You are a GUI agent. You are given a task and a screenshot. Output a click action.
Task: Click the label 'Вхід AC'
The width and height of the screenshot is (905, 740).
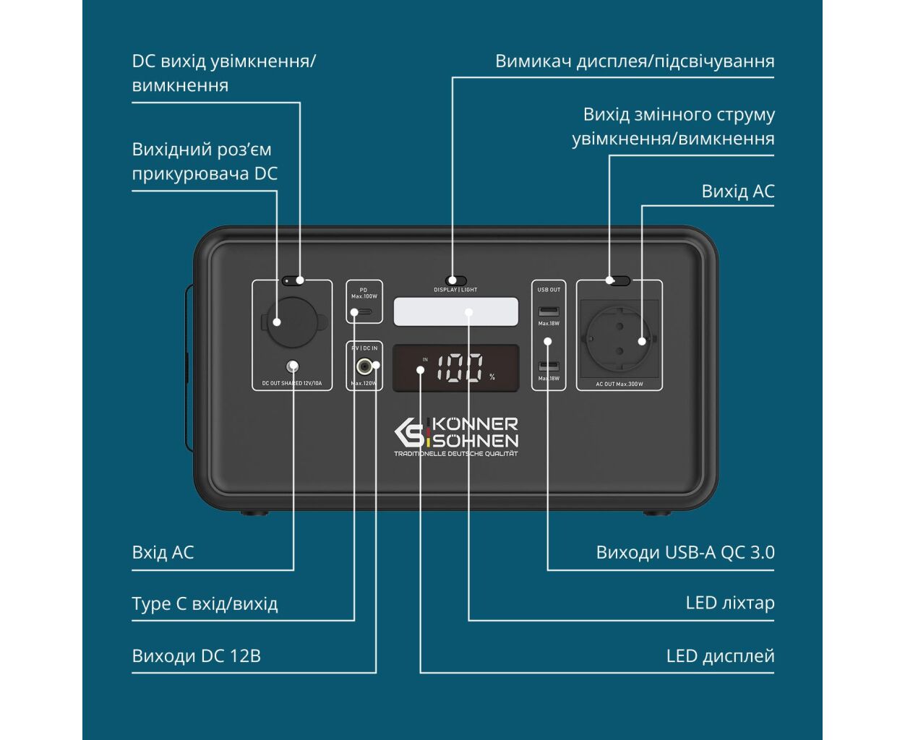tap(163, 553)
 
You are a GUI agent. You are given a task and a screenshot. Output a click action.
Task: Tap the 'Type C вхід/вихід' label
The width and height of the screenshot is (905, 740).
tap(205, 604)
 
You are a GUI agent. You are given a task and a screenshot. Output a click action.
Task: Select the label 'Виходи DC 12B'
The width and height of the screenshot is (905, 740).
tap(196, 656)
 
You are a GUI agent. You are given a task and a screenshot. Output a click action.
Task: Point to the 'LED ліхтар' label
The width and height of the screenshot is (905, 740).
tap(729, 603)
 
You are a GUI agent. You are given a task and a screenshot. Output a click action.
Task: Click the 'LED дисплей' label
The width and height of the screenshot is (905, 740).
tap(720, 656)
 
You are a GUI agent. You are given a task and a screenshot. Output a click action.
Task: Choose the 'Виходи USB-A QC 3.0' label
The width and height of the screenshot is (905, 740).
tap(685, 553)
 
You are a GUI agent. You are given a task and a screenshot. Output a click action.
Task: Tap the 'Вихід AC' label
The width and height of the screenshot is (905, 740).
tap(737, 192)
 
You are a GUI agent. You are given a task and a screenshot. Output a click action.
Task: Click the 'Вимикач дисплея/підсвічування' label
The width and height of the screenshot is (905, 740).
tap(634, 61)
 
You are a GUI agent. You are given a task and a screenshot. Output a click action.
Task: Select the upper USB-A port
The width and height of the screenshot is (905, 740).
tap(549, 311)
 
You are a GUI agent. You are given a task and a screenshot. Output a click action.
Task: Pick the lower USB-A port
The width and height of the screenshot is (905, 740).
tap(549, 366)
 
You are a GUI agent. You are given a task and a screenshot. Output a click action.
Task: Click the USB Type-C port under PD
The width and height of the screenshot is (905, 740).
tap(365, 312)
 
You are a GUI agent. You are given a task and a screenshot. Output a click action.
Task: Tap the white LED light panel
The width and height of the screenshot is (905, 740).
tap(456, 311)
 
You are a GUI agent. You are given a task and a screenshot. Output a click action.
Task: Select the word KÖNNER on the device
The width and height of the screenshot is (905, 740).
tap(476, 424)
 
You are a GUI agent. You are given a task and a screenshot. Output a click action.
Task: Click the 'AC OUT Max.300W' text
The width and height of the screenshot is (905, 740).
tap(619, 384)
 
